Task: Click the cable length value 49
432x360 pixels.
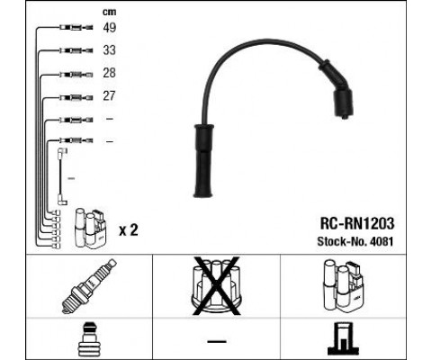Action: tap(110, 28)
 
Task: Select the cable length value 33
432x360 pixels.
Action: tap(110, 50)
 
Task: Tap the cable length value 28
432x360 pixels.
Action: tap(110, 73)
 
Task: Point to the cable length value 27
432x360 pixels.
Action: tap(110, 95)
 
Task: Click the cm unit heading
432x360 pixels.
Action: tap(110, 12)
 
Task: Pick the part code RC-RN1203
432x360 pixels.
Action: tap(357, 223)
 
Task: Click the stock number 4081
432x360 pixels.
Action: tap(382, 241)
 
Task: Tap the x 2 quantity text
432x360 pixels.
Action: tap(129, 230)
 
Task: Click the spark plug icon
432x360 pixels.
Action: tap(89, 286)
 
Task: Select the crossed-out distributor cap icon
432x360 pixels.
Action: tap(217, 285)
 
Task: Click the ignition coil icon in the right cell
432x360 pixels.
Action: tap(343, 285)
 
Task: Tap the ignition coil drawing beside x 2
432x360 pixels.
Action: tap(90, 229)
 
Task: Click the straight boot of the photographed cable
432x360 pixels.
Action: tap(203, 160)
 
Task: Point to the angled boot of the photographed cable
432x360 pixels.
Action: tap(338, 90)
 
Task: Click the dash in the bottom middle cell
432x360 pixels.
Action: tap(217, 341)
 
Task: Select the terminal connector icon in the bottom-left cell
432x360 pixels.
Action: tap(89, 339)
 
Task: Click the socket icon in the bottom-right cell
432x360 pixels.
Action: tap(343, 339)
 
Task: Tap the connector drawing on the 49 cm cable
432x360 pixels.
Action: tap(76, 28)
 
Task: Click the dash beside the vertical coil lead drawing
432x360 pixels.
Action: tap(71, 178)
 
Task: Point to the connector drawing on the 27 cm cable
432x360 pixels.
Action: tap(76, 97)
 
